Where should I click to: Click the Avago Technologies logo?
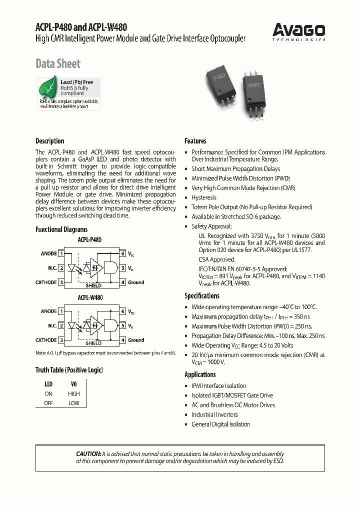coord(299,31)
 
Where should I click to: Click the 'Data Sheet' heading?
coord(58,63)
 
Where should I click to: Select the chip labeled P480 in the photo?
coord(220,80)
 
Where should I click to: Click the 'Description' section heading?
coord(50,141)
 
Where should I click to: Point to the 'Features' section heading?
coord(195,141)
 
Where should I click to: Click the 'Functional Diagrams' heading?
coord(61,229)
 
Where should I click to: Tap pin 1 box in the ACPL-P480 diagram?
coord(61,253)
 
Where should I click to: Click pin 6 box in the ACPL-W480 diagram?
coord(123,311)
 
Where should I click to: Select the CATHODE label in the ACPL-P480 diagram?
coord(46,282)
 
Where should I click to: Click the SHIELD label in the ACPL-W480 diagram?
coord(93,343)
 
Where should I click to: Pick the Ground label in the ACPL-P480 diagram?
coord(136,282)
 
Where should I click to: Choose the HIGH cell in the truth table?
coord(74,394)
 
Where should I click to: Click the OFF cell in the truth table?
coord(48,403)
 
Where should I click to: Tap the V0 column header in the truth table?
coord(74,384)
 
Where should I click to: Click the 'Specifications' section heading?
coord(202,295)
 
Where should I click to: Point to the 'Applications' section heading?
coord(200,374)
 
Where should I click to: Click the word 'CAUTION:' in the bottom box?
coord(89,453)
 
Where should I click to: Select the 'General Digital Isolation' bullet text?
coord(221,424)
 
